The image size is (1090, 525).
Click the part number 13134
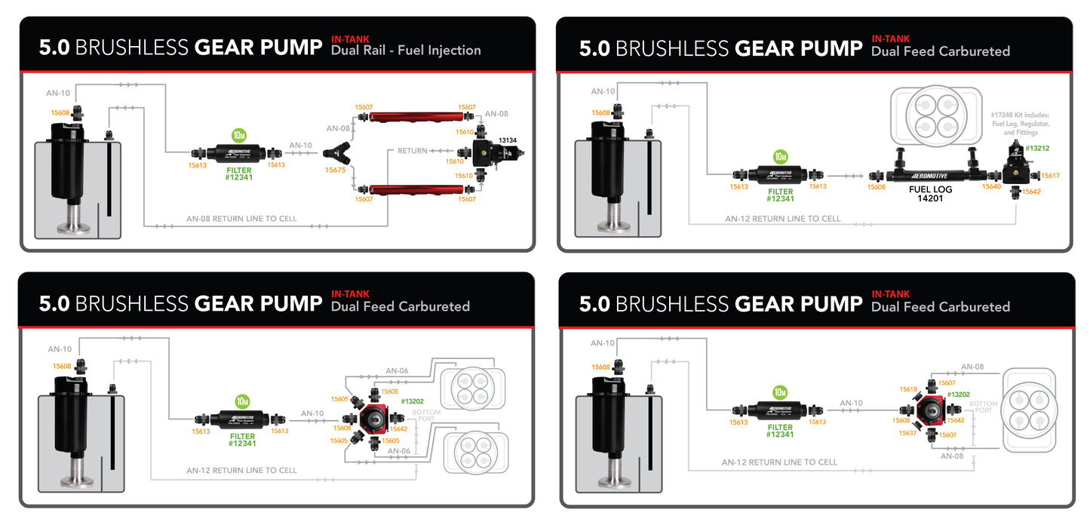[507, 141]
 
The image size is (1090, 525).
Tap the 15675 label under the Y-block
[335, 170]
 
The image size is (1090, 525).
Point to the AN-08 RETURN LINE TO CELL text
[241, 219]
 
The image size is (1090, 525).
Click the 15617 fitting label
[1050, 176]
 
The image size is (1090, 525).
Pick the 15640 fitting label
[991, 186]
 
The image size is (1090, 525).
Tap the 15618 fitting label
[908, 389]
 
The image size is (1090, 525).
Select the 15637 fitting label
[907, 434]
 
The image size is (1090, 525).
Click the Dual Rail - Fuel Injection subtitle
[406, 51]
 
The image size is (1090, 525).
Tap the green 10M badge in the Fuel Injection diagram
[239, 136]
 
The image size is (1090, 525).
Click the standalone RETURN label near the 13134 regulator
[413, 152]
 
